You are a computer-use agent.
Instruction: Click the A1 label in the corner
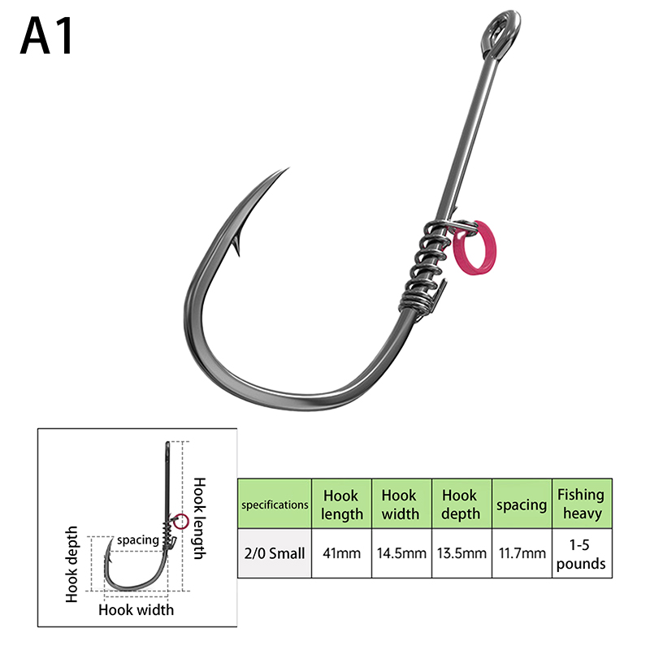click(46, 36)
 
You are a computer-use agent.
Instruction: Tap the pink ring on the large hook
click(475, 249)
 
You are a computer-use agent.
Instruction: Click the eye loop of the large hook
click(500, 34)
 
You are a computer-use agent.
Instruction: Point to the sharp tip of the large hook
click(288, 168)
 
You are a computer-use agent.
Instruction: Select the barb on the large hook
click(237, 245)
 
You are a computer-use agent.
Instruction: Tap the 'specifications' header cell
click(275, 504)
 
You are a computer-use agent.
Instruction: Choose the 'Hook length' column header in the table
click(341, 504)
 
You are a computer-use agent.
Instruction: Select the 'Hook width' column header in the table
click(401, 504)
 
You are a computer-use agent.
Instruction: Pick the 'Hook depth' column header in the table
click(461, 504)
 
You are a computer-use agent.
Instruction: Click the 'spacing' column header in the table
click(522, 504)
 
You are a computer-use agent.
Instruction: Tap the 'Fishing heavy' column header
click(582, 504)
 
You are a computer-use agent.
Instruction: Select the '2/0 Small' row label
click(275, 553)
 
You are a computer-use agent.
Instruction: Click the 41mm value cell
click(341, 553)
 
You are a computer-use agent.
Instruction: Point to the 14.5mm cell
click(401, 553)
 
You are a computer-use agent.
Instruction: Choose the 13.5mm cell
click(461, 553)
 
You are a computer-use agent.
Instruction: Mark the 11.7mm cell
click(522, 553)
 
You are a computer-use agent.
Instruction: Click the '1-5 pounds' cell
click(582, 553)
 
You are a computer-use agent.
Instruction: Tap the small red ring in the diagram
click(180, 522)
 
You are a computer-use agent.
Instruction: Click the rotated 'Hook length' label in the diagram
click(200, 518)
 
